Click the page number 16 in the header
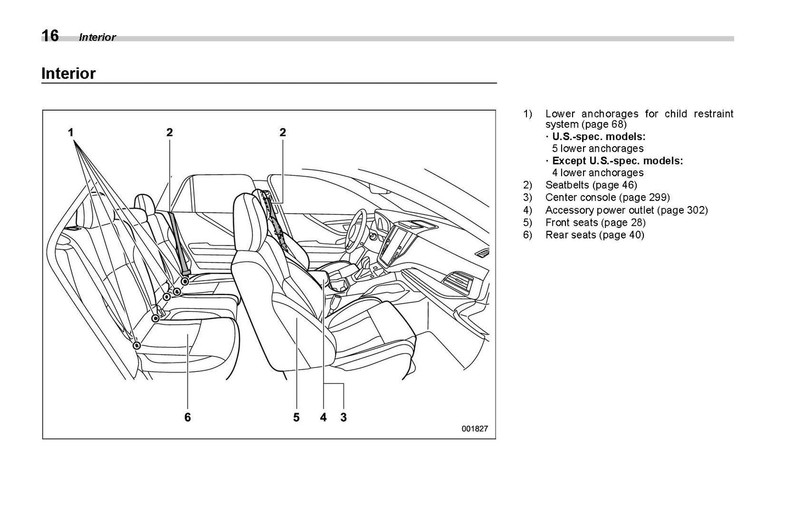click(50, 36)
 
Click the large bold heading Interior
click(69, 74)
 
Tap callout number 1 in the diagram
click(71, 132)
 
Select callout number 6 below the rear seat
click(187, 417)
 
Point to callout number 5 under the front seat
click(296, 417)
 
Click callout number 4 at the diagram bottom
click(324, 417)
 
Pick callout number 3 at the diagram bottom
click(343, 417)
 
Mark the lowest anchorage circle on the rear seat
click(137, 346)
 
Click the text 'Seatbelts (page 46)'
click(591, 185)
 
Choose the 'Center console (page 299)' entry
click(607, 197)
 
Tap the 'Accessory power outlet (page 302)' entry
click(626, 210)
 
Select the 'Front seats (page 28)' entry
click(595, 222)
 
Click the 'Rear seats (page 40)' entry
click(595, 235)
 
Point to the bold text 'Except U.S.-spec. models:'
click(617, 161)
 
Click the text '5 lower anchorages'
click(598, 148)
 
